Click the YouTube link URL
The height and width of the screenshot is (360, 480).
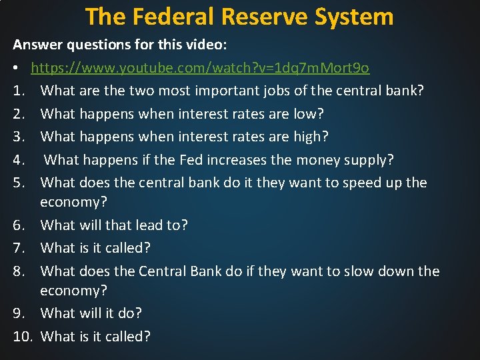pos(200,68)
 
